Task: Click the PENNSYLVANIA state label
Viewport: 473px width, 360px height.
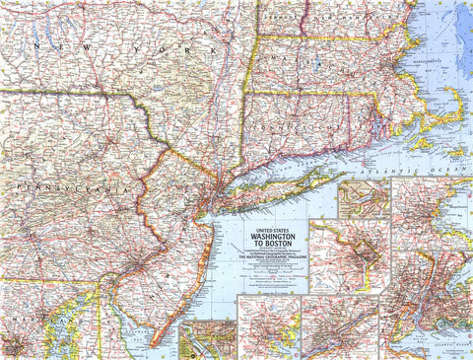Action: tap(59, 184)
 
